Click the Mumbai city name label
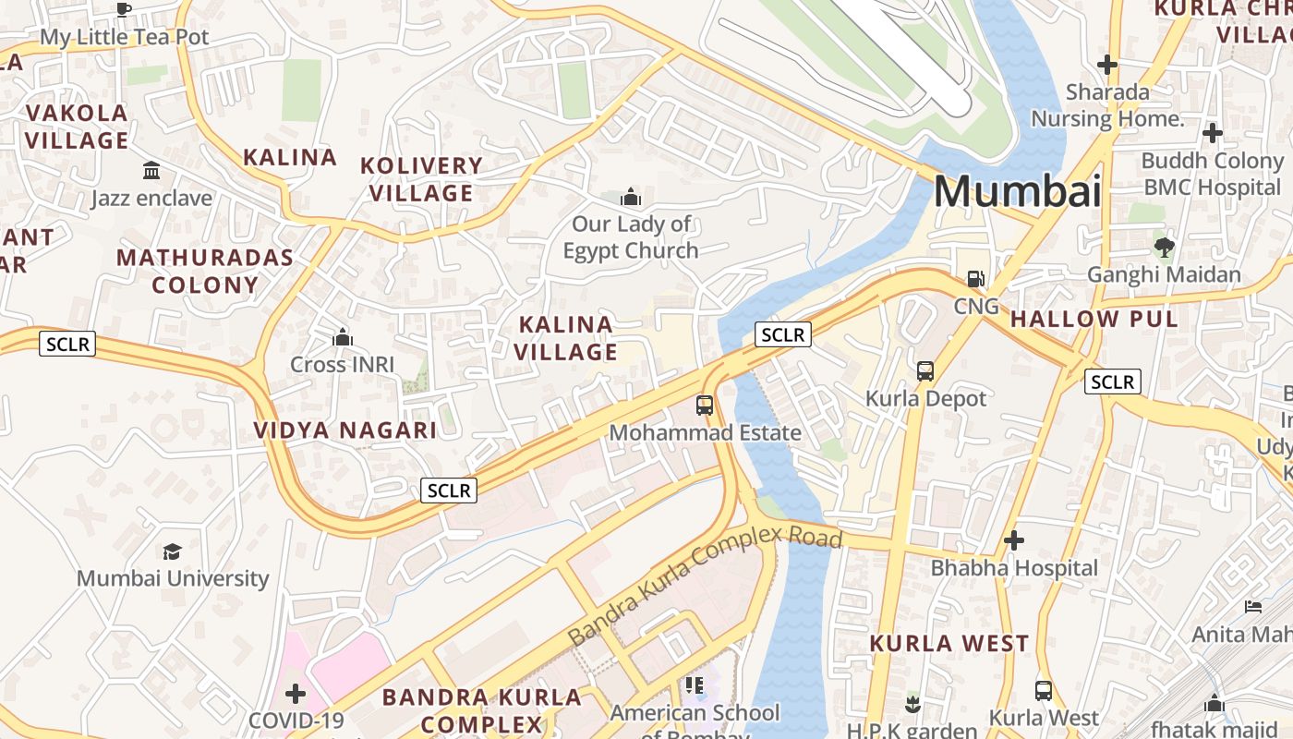click(x=1017, y=191)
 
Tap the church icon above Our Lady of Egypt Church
click(x=631, y=197)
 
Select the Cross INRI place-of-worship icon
click(x=343, y=337)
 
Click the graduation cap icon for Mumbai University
click(x=173, y=551)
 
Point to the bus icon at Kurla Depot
click(x=925, y=371)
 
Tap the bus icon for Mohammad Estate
click(x=705, y=405)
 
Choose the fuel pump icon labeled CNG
click(x=975, y=279)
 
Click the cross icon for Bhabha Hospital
click(x=1014, y=540)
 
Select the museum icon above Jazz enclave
click(x=151, y=171)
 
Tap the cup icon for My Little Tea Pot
click(x=124, y=10)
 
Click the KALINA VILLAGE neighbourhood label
click(x=565, y=338)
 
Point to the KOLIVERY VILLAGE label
click(x=421, y=179)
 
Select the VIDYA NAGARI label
click(x=344, y=430)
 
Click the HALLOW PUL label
click(x=1094, y=320)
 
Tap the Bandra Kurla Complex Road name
click(x=705, y=584)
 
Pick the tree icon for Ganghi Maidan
click(x=1164, y=247)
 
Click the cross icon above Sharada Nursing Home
click(x=1106, y=65)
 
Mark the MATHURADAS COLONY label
click(x=205, y=271)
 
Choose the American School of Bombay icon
click(x=695, y=685)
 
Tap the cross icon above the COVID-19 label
click(x=296, y=693)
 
